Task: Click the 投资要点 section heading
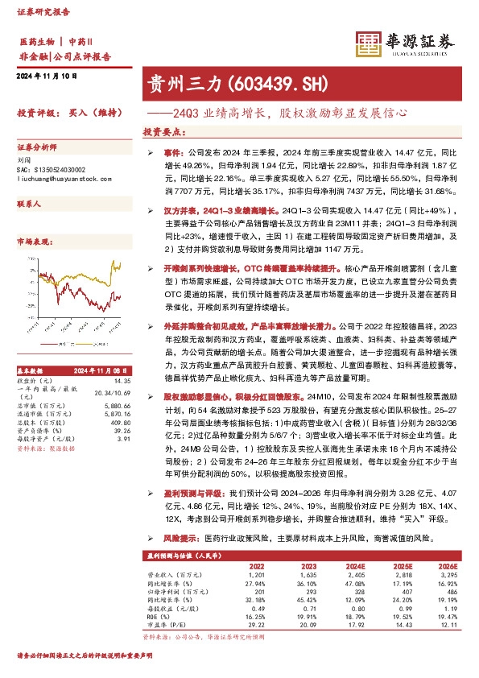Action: tap(161, 130)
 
